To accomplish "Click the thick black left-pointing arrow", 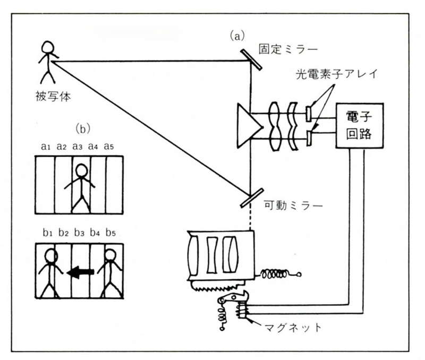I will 80,271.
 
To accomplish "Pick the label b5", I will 112,232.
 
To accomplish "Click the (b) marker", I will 85,128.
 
